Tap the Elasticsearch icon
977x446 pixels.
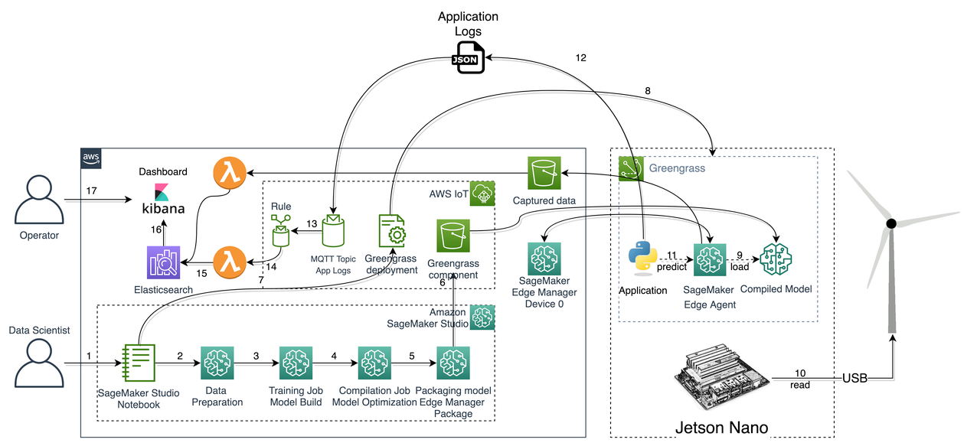[163, 262]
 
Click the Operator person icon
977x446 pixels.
[39, 200]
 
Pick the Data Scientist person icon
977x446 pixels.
[39, 363]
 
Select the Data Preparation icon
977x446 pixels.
[217, 363]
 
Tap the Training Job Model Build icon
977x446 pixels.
[296, 363]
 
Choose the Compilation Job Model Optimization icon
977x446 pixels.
[375, 363]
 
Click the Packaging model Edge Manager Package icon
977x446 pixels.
[453, 363]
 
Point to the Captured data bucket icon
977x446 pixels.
[544, 174]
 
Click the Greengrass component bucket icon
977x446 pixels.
[453, 236]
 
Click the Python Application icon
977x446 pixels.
[642, 258]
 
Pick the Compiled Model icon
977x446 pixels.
[776, 259]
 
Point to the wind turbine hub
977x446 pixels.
[891, 223]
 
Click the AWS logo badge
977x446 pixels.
[91, 158]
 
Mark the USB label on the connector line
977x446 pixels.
[855, 378]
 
